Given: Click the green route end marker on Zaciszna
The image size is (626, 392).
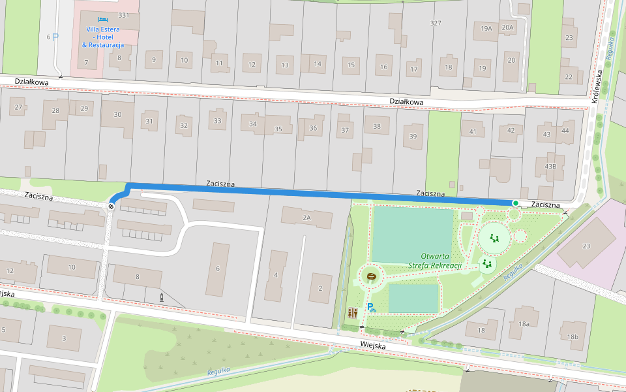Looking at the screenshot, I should click(515, 204).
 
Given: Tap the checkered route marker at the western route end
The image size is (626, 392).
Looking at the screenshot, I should click(111, 206).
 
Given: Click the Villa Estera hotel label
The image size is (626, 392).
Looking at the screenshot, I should click(103, 37).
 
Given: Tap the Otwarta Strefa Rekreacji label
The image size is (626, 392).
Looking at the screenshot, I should click(441, 261).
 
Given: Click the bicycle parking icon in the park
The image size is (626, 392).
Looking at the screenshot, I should click(371, 307).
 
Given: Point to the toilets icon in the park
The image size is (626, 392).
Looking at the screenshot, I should click(353, 313).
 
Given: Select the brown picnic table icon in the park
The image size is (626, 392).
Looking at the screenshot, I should click(372, 277).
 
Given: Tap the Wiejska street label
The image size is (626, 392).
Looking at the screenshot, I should click(373, 346).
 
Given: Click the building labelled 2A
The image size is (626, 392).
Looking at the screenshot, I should click(306, 217).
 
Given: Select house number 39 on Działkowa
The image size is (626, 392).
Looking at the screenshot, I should click(412, 137).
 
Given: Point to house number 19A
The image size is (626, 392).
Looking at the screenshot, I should click(486, 28).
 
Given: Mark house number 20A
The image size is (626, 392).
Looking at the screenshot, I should click(508, 27).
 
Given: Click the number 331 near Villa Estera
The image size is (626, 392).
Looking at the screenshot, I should click(124, 15).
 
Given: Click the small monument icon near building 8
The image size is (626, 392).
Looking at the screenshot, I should click(162, 297).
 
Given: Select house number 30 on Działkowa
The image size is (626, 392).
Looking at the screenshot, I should click(117, 115).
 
